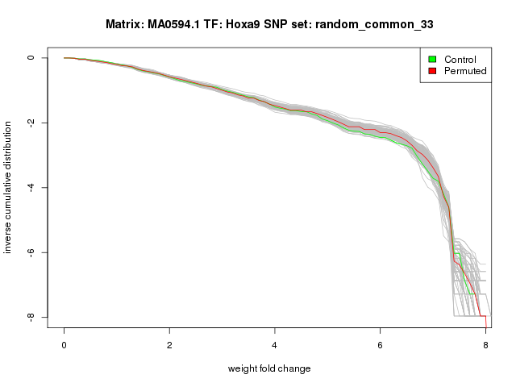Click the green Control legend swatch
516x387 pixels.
432,60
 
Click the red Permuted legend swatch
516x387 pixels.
432,71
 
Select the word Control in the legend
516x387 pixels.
460,60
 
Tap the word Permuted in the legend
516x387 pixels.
465,71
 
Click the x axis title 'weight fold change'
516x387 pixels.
269,368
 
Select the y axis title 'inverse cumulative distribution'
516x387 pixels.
9,188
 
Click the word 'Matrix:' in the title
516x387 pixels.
125,25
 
